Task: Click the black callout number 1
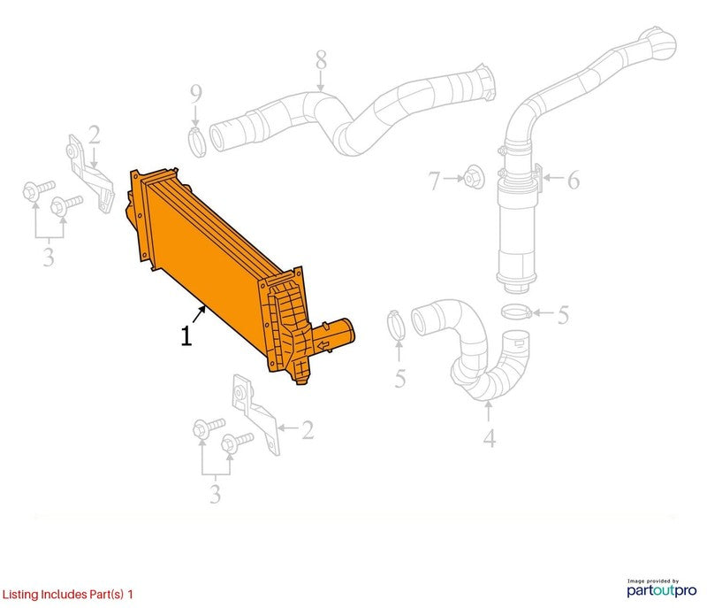coord(186,335)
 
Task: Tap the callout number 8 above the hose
coord(321,60)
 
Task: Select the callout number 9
coord(195,94)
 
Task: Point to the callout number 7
coord(434,181)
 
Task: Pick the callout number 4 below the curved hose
coord(490,438)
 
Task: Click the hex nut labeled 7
coord(474,178)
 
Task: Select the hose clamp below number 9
coord(196,142)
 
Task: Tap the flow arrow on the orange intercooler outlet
coord(323,346)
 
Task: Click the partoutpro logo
coord(661,589)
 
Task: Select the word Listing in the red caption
coord(20,594)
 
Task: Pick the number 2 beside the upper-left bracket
coord(95,135)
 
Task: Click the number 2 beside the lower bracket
coord(308,430)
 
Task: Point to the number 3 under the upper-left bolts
coord(49,257)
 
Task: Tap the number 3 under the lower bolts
coord(215,494)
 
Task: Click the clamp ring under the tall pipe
coord(517,311)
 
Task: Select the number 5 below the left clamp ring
coord(400,379)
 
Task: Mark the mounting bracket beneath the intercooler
coord(255,413)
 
